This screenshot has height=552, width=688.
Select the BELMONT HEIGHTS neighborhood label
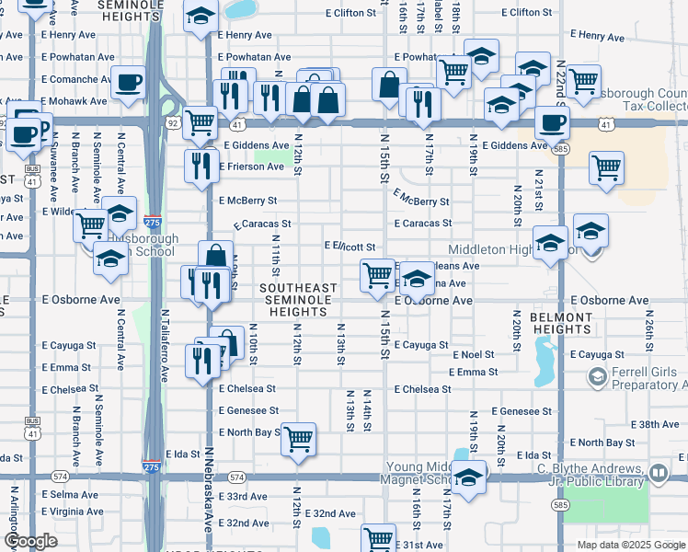pyautogui.click(x=561, y=323)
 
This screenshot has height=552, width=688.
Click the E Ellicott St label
pyautogui.click(x=350, y=247)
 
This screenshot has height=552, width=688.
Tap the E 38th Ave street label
pyautogui.click(x=659, y=424)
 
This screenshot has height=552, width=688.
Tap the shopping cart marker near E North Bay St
pyautogui.click(x=298, y=440)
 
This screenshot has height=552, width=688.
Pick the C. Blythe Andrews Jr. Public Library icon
pyautogui.click(x=659, y=473)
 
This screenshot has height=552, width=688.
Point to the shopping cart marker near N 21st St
pyautogui.click(x=606, y=168)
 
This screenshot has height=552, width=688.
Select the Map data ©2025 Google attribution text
pyautogui.click(x=630, y=545)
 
